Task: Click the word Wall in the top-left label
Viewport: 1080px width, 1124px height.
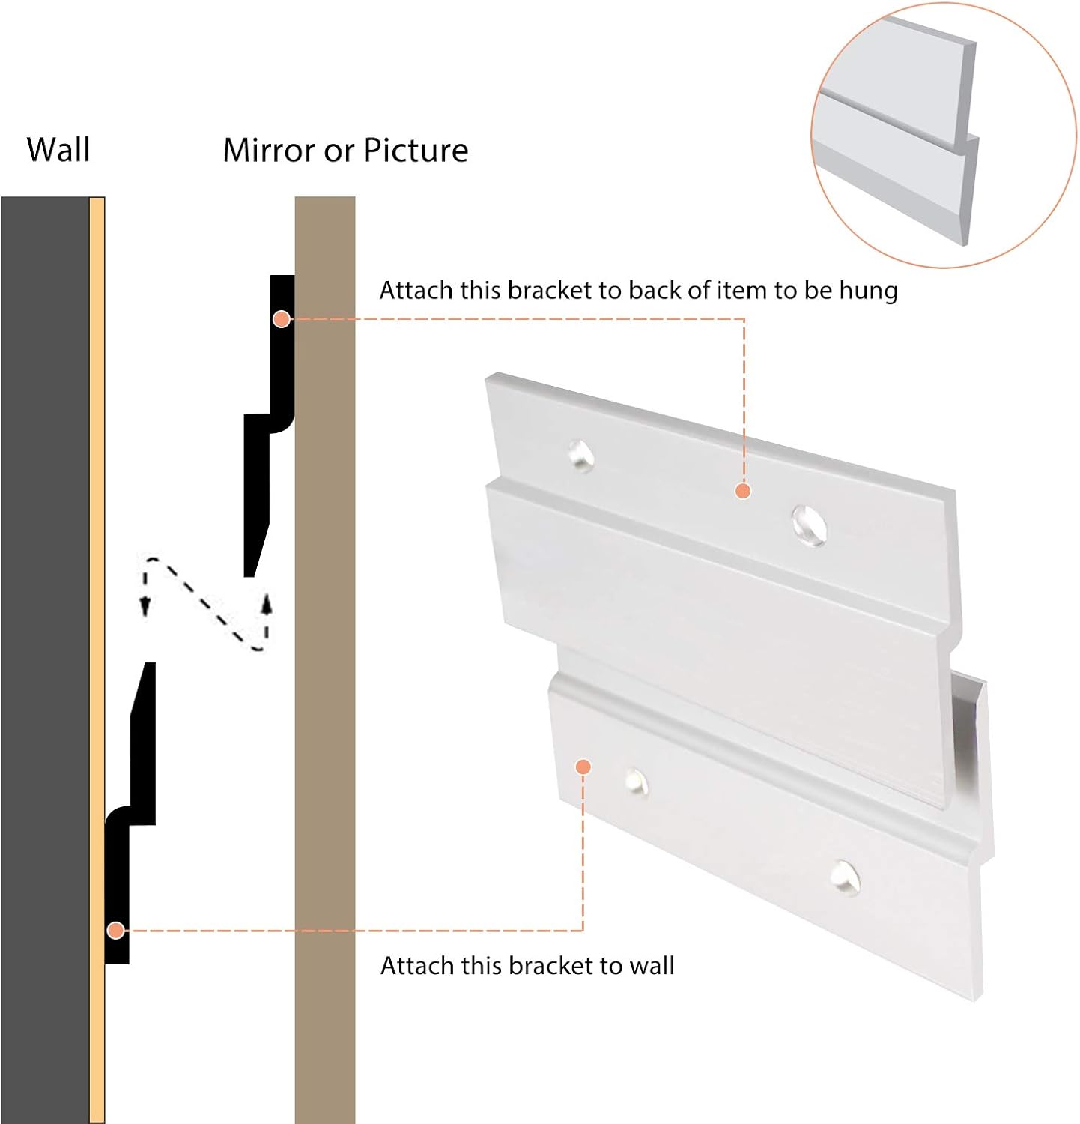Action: pos(58,150)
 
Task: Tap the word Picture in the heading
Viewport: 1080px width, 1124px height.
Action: pos(416,151)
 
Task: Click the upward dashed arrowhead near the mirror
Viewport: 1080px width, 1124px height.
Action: pos(266,603)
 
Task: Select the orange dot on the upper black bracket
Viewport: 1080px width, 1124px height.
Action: pos(282,319)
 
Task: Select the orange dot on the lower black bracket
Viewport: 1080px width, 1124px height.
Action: pos(115,931)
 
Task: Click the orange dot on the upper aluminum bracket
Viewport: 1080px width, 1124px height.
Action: pos(743,491)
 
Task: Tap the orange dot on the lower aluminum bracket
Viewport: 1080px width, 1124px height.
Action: pos(583,767)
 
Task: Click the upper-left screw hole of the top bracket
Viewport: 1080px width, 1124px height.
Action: pos(581,455)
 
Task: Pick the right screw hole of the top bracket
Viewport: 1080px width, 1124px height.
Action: pos(809,524)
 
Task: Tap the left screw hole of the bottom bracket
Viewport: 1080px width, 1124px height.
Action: pos(636,782)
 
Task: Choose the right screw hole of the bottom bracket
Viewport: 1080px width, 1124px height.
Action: pos(845,877)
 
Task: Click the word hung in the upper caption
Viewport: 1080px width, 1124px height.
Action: pos(868,291)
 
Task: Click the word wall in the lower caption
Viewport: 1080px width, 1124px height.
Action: pos(652,966)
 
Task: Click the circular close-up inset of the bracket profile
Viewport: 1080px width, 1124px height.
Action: pos(943,135)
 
